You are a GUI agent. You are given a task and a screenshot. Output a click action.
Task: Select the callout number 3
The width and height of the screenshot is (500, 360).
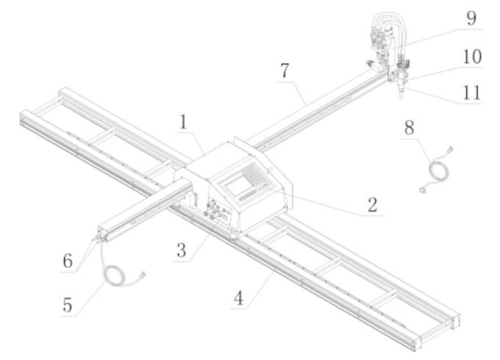pyautogui.click(x=179, y=250)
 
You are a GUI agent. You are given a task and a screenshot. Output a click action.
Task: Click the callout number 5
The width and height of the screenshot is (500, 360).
pyautogui.click(x=67, y=305)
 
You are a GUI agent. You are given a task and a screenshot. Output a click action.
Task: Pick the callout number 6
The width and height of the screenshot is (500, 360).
pyautogui.click(x=67, y=261)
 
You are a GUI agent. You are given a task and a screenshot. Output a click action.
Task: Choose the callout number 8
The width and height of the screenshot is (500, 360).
pyautogui.click(x=410, y=126)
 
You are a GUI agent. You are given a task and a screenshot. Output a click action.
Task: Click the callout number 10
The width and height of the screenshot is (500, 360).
pyautogui.click(x=471, y=56)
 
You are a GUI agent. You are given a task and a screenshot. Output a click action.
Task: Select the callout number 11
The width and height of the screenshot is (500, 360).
pyautogui.click(x=471, y=93)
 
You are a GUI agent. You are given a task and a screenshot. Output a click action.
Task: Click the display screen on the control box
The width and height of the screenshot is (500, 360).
pyautogui.click(x=240, y=186)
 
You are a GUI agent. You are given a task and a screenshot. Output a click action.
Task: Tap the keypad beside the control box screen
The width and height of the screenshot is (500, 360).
pyautogui.click(x=254, y=175)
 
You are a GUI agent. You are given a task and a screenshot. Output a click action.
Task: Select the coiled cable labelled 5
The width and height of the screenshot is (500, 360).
pyautogui.click(x=118, y=276)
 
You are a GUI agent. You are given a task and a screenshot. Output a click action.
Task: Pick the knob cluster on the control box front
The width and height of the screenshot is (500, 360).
pyautogui.click(x=215, y=213)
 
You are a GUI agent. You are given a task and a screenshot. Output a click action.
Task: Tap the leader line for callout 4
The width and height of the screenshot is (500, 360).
pyautogui.click(x=261, y=284)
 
